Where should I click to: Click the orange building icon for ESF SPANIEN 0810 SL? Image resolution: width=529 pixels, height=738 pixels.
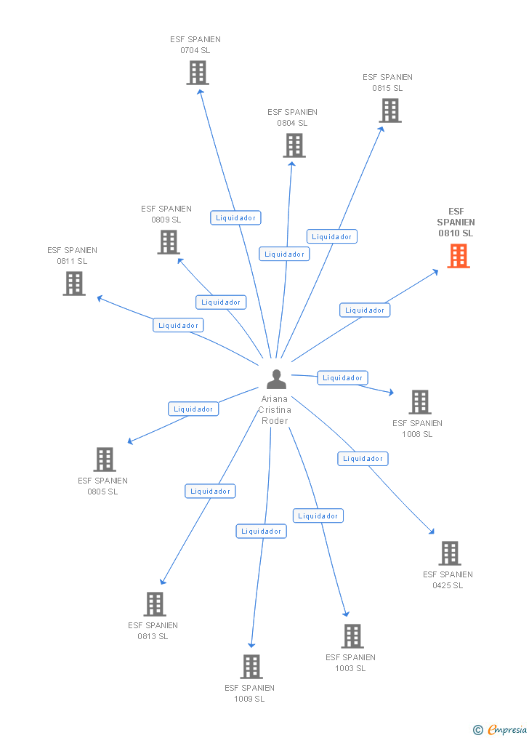tap(458, 256)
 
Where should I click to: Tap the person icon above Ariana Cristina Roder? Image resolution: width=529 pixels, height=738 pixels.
tap(276, 380)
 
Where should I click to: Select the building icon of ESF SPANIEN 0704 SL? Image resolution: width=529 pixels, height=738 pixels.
tap(198, 73)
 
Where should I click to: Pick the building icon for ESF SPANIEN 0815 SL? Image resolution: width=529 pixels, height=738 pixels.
tap(390, 111)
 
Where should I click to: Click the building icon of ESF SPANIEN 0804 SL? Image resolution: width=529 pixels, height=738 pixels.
tap(294, 145)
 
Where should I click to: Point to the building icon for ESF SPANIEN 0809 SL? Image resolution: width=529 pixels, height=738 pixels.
tap(169, 242)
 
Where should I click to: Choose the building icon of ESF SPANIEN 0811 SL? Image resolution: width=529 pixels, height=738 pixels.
tap(74, 284)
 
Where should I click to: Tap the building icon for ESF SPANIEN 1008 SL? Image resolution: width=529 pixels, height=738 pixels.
tap(420, 402)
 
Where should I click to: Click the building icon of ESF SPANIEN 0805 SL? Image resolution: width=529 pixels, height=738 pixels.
tap(105, 460)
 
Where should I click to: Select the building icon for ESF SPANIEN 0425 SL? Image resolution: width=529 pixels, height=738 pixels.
tap(450, 553)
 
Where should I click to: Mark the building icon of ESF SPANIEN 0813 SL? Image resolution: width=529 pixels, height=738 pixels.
tap(155, 604)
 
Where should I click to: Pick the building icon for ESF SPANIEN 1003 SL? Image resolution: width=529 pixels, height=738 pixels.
tap(352, 636)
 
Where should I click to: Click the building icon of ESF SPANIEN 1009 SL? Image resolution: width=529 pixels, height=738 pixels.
tap(251, 667)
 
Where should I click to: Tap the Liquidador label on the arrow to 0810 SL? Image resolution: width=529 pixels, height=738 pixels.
tap(365, 310)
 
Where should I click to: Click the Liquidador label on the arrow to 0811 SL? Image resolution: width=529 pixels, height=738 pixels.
tap(178, 326)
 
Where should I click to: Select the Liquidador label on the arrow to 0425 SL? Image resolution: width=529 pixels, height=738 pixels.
tap(363, 459)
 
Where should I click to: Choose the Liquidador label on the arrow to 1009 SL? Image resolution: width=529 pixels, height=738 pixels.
tap(261, 532)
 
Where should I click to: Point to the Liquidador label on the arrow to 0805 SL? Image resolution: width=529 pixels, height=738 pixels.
tap(193, 409)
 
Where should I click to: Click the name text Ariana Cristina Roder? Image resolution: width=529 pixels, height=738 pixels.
tap(275, 410)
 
